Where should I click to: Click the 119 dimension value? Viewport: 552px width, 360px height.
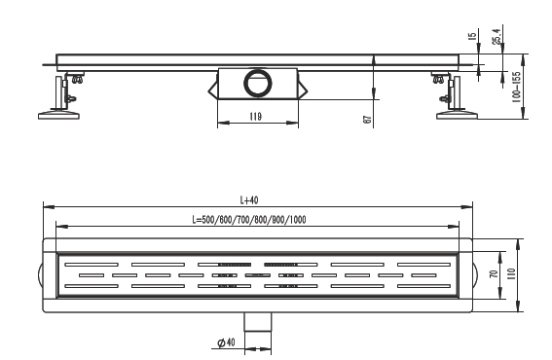256,117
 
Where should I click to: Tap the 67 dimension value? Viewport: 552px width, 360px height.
367,120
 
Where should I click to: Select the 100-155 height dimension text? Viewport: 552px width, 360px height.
516,87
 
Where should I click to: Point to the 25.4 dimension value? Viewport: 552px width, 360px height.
497,36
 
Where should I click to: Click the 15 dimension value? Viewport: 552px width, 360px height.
473,36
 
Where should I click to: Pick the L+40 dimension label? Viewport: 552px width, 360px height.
249,200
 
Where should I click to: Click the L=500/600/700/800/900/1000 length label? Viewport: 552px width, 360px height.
249,220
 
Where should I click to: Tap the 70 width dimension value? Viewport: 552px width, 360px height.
495,273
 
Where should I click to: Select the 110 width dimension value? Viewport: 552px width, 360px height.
511,273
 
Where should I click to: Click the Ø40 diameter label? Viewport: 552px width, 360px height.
226,342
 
